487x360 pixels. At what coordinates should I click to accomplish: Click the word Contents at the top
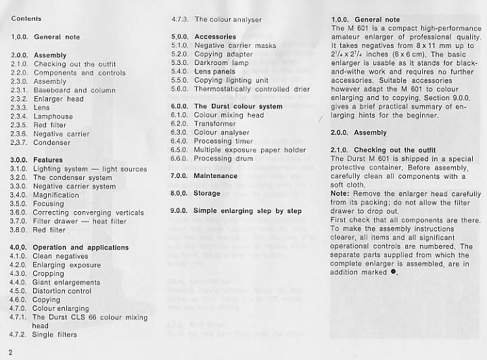tap(26, 18)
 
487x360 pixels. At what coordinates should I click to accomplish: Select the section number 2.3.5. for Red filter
tap(22, 125)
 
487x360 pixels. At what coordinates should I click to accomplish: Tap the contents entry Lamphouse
tap(53, 116)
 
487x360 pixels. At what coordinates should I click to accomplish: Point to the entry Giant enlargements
tap(66, 283)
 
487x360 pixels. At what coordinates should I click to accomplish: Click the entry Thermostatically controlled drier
tap(252, 89)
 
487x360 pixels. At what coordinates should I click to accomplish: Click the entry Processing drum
tap(223, 159)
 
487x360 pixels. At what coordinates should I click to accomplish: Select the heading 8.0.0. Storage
tap(195, 194)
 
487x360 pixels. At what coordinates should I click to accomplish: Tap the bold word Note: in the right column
tap(340, 193)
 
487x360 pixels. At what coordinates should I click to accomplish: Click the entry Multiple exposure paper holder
tap(250, 150)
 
